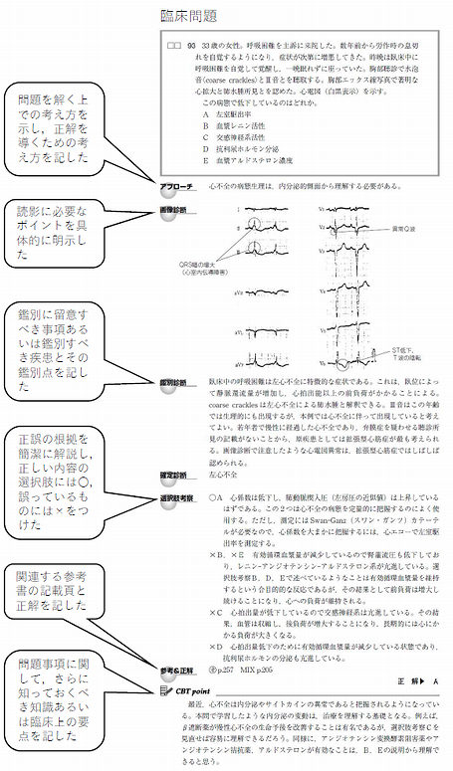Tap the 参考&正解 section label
click(180, 672)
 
